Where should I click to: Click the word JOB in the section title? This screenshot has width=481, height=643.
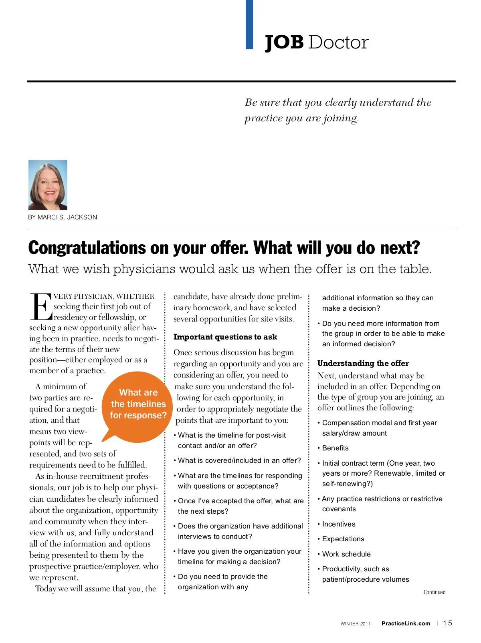click(284, 42)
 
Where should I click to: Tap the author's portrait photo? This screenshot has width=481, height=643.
click(48, 185)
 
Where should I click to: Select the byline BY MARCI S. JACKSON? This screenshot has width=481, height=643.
click(63, 217)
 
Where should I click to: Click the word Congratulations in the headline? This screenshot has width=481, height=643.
click(87, 248)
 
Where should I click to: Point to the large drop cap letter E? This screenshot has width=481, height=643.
click(40, 307)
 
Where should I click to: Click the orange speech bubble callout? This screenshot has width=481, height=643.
click(138, 405)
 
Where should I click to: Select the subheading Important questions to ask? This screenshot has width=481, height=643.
click(225, 337)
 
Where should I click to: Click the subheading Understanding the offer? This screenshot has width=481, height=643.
click(363, 364)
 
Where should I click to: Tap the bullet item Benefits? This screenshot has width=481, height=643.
click(335, 448)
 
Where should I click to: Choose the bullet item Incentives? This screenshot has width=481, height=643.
click(339, 524)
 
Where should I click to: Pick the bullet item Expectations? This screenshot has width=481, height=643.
click(343, 539)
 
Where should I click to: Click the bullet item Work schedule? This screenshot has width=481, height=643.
click(346, 554)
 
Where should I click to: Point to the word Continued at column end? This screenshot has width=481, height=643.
click(435, 592)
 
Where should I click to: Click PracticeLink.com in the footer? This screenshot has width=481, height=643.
click(406, 623)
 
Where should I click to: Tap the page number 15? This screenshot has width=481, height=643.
click(448, 623)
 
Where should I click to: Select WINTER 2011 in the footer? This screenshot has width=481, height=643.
click(356, 624)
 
